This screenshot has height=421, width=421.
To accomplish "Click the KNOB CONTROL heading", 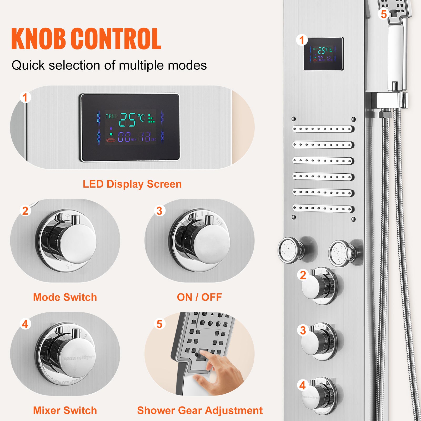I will [x=86, y=39].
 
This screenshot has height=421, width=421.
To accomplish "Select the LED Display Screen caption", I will [x=132, y=184].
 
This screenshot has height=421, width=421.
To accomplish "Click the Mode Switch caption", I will [x=65, y=297].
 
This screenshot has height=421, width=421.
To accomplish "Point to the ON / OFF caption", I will [x=199, y=297].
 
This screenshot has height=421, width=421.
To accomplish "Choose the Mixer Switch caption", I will [x=65, y=410].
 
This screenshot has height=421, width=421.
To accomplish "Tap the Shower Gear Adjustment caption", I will [x=200, y=410].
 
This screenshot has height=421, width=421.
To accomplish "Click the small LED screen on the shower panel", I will [x=323, y=54].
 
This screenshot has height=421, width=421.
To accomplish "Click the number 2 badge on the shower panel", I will [x=303, y=275].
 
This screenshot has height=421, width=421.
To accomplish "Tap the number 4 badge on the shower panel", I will [x=303, y=385].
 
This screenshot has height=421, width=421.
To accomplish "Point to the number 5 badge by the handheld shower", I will [x=384, y=14].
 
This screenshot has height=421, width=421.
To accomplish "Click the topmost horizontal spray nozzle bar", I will [x=323, y=129].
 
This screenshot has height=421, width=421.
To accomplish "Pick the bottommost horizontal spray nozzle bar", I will [x=323, y=209].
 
